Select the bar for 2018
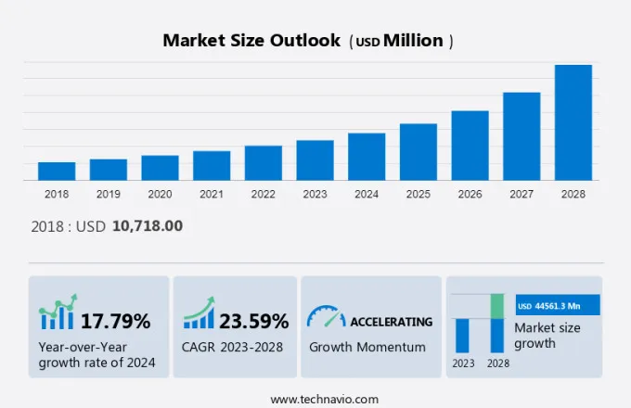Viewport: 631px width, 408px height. click(x=57, y=172)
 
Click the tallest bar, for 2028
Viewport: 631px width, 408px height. click(x=573, y=122)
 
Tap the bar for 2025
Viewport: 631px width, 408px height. click(x=418, y=152)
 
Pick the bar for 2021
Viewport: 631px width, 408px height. click(x=212, y=166)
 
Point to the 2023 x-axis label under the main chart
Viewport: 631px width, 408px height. click(x=315, y=195)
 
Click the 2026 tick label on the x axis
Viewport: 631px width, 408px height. click(x=470, y=195)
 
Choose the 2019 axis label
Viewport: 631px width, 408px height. click(x=108, y=195)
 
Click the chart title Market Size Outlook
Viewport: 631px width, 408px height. click(x=251, y=41)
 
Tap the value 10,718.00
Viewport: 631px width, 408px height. click(x=147, y=226)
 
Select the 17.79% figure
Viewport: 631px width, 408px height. click(x=115, y=322)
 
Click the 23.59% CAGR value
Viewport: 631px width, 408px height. click(x=253, y=322)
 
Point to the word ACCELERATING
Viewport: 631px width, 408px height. click(x=391, y=322)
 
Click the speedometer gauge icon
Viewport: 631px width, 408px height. click(x=326, y=317)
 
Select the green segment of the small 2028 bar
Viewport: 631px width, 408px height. click(x=497, y=306)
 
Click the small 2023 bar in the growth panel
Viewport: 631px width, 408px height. click(x=462, y=335)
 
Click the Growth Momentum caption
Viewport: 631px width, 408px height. click(x=367, y=347)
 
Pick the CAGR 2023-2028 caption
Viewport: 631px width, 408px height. click(x=236, y=347)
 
